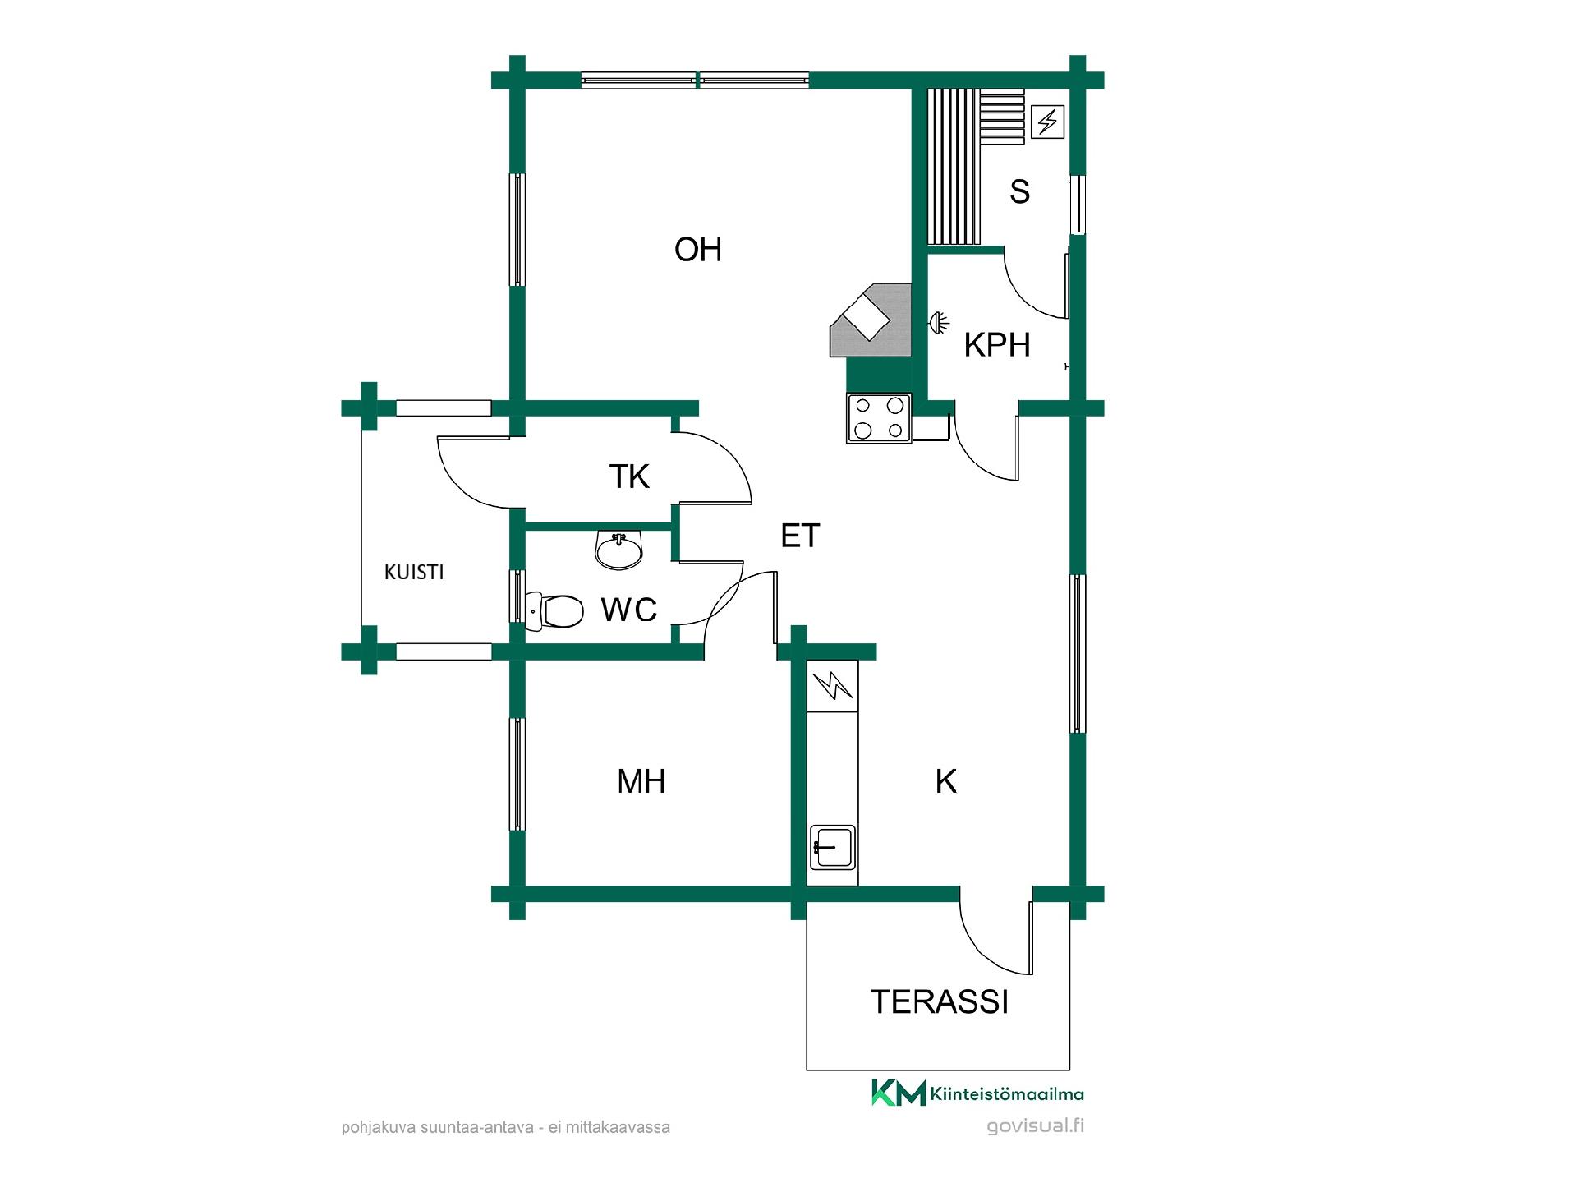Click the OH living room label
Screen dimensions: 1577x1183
697,249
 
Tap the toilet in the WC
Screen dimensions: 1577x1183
554,610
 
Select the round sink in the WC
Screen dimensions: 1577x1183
618,550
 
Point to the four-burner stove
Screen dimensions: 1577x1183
879,418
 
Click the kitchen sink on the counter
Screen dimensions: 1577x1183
833,847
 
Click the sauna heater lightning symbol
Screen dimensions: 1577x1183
1047,122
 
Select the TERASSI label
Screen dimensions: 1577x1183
939,1001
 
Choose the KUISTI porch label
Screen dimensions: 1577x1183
414,572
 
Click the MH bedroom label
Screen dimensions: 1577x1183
641,781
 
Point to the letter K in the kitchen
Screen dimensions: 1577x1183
946,781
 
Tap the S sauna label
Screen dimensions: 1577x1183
1019,191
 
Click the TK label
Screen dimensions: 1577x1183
629,476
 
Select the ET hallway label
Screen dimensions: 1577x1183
800,536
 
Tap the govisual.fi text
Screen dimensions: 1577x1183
1035,1125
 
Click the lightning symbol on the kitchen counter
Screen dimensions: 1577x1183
834,685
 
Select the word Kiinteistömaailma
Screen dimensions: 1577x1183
1007,1093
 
